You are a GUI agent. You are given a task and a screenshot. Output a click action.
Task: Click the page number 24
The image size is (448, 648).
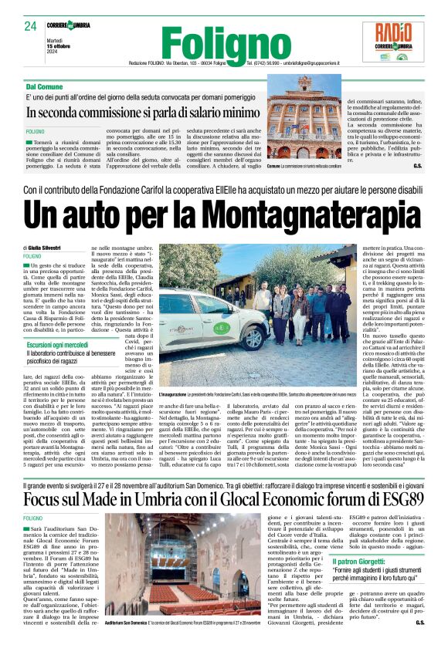31,26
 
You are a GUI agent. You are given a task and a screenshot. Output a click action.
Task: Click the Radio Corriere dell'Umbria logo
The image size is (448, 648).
399,42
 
